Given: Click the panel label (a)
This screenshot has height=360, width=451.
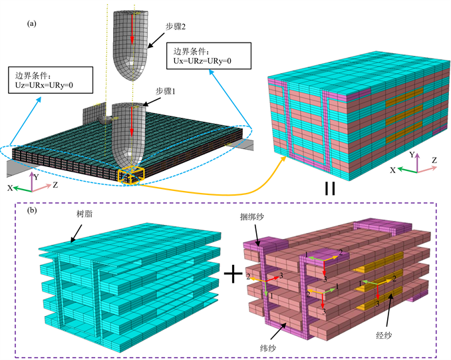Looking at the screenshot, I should (x=31, y=23).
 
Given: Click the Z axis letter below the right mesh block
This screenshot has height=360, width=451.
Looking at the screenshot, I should (x=433, y=160).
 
